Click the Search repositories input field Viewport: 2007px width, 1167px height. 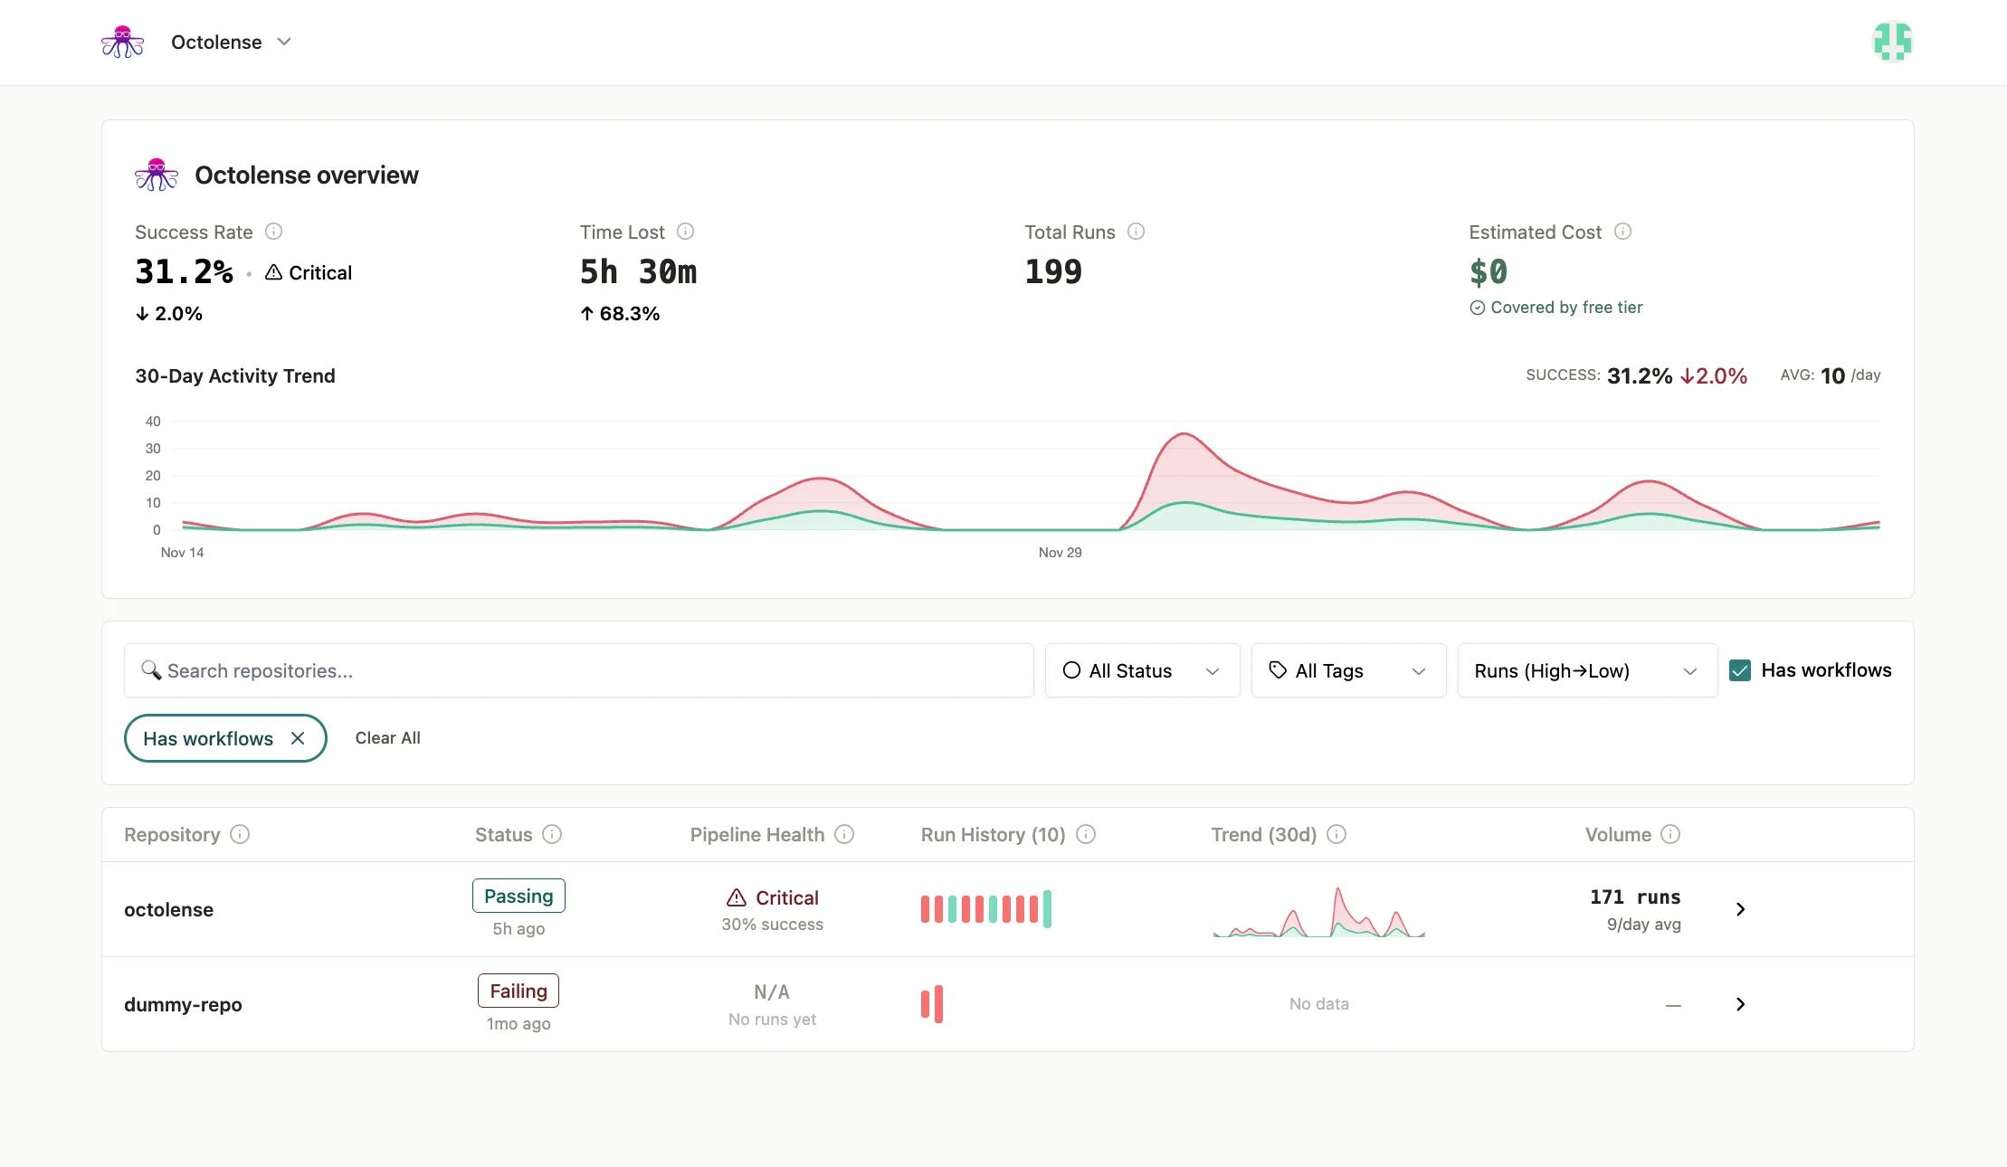coord(579,670)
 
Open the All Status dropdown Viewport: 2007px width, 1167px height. coord(1142,670)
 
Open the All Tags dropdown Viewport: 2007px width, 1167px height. coord(1348,670)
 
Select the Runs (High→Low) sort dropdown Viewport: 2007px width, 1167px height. coord(1586,670)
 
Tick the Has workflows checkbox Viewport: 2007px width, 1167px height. coord(1739,670)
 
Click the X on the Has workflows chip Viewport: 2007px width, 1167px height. coord(298,738)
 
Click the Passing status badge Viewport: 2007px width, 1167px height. coord(518,896)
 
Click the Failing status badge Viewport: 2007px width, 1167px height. coord(518,991)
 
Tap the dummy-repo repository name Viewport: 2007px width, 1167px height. coord(183,1004)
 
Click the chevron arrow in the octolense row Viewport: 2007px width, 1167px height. coord(1740,909)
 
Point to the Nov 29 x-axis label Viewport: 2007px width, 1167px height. coord(1060,552)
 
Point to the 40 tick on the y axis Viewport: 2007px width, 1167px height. coord(153,422)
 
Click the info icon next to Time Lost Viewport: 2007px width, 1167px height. coord(685,232)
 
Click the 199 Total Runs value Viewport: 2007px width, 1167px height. coord(1053,272)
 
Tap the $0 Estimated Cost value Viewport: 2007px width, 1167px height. coord(1488,272)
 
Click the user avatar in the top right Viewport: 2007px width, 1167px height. coord(1892,42)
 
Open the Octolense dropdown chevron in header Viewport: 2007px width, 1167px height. coord(284,42)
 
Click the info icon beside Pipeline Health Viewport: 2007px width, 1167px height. coord(843,834)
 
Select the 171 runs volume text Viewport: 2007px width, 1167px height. coord(1634,897)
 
